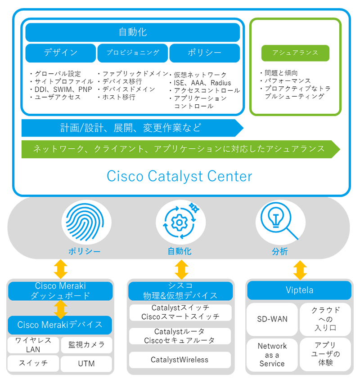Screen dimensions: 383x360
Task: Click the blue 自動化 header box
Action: point(132,32)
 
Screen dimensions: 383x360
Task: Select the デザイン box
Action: point(60,53)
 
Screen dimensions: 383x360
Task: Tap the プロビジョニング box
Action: point(132,53)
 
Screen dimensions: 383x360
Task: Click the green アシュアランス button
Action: point(295,53)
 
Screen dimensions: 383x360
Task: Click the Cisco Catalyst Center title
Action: point(180,176)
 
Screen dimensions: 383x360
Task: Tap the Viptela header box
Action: point(299,290)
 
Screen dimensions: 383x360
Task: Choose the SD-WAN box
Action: point(272,319)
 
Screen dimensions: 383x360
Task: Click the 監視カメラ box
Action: point(86,345)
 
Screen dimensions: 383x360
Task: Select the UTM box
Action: point(86,363)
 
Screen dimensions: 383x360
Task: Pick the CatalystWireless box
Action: point(180,360)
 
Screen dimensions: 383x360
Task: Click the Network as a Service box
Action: point(272,355)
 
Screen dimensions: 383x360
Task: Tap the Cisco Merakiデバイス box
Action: point(60,325)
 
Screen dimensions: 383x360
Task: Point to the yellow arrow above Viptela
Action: point(300,270)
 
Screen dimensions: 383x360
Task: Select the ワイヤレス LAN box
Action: point(33,345)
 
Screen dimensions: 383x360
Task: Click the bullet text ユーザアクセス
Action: point(57,97)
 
